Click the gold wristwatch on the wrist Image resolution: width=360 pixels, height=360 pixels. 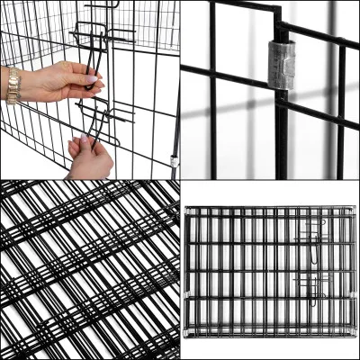pos(13,85)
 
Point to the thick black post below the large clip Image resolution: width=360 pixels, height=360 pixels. pos(282,135)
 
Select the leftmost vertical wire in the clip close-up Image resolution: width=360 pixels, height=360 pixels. pos(213,90)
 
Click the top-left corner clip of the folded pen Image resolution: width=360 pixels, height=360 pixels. pos(186,210)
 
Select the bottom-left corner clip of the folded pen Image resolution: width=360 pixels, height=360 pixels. pos(186,334)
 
